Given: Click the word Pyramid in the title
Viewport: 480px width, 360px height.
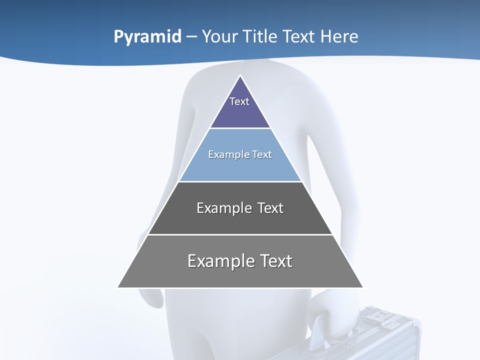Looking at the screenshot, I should (147, 37).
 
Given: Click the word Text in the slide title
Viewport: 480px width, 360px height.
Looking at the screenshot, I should (300, 37).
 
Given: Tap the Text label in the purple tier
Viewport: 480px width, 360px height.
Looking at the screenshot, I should (239, 101).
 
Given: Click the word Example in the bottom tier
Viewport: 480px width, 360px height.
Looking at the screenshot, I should (221, 261).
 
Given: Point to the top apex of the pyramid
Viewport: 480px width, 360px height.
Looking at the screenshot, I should (240, 76).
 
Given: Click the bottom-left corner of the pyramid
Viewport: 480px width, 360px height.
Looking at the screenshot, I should (118, 287).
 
